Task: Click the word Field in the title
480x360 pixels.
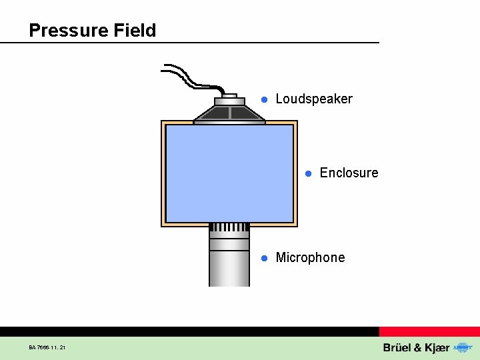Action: tap(135, 31)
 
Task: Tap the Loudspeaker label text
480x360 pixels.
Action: tap(313, 99)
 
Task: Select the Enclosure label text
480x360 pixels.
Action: tap(349, 173)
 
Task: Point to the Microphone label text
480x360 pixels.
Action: tap(310, 258)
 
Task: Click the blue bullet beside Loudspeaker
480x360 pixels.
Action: tap(264, 99)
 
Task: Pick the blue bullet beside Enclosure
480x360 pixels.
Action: tap(308, 173)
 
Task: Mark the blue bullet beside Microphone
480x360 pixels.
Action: tap(264, 258)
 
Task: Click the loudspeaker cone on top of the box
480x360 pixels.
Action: tap(229, 113)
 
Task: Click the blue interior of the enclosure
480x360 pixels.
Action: tap(229, 173)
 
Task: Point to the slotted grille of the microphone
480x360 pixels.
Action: tap(229, 227)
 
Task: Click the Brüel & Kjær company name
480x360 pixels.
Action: tap(416, 348)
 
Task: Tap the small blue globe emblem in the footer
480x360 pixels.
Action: tap(461, 347)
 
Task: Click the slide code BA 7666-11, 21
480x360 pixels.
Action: tap(47, 347)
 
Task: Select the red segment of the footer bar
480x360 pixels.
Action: tap(429, 331)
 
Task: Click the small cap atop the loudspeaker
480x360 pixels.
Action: tap(229, 96)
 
